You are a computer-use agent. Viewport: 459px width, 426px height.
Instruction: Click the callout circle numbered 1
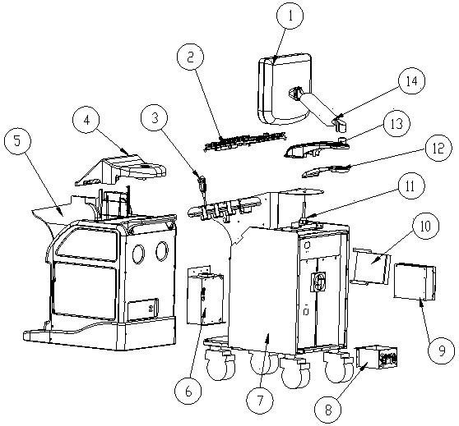click(x=290, y=16)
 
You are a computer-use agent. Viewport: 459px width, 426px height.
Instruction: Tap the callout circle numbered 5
click(x=18, y=141)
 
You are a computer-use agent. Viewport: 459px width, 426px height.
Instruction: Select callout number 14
click(x=411, y=81)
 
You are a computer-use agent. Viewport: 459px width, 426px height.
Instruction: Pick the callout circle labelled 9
click(x=441, y=350)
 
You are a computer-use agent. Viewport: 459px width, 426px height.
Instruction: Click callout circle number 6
click(x=188, y=391)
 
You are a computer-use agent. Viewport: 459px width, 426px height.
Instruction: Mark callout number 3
click(x=155, y=118)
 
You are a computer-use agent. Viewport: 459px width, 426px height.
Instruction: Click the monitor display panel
click(x=284, y=89)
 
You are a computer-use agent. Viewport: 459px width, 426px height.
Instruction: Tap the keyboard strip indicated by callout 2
click(x=245, y=141)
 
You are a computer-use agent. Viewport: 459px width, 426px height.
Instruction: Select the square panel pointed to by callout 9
click(x=415, y=282)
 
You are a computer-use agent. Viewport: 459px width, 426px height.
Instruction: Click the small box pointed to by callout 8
click(x=377, y=357)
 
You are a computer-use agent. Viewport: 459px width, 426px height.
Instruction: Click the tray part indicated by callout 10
click(x=371, y=266)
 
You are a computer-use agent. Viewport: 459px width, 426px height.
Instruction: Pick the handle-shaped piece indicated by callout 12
click(x=326, y=171)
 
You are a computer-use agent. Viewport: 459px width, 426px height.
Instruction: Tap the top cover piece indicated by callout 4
click(x=121, y=170)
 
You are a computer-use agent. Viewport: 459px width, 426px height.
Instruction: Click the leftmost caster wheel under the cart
click(x=220, y=364)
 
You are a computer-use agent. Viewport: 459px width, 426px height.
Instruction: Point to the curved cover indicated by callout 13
click(x=317, y=149)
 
